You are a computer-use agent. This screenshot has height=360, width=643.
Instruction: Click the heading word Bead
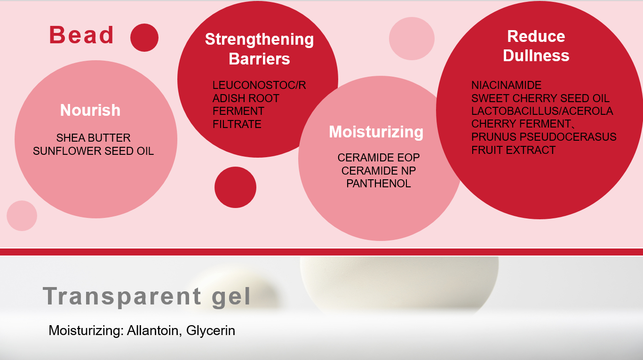(81, 35)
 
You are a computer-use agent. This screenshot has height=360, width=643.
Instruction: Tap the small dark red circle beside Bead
(144, 38)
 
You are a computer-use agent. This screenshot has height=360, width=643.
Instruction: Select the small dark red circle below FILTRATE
(235, 187)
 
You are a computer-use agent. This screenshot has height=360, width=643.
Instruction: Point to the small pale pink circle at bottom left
(22, 216)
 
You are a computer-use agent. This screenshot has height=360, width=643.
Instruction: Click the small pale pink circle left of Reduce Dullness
(412, 39)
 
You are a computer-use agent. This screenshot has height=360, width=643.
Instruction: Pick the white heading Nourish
(90, 110)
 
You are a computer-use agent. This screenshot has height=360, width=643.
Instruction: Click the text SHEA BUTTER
(93, 138)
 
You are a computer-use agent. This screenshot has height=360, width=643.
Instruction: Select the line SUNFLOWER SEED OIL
(93, 151)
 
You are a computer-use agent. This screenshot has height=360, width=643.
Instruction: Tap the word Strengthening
(259, 40)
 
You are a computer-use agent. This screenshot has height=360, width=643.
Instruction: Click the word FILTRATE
(237, 124)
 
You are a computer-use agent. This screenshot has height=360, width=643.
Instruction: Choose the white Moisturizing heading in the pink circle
(376, 132)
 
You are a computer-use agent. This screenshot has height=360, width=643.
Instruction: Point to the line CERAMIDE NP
(379, 171)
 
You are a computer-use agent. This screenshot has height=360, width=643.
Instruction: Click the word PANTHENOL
(379, 184)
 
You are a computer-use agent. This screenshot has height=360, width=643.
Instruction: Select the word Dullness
(536, 56)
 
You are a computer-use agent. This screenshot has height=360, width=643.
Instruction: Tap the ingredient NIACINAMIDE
(507, 85)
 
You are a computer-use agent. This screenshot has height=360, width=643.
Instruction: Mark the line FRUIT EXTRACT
(514, 150)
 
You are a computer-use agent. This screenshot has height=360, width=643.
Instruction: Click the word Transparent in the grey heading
(122, 296)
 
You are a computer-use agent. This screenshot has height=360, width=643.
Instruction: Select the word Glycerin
(211, 330)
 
